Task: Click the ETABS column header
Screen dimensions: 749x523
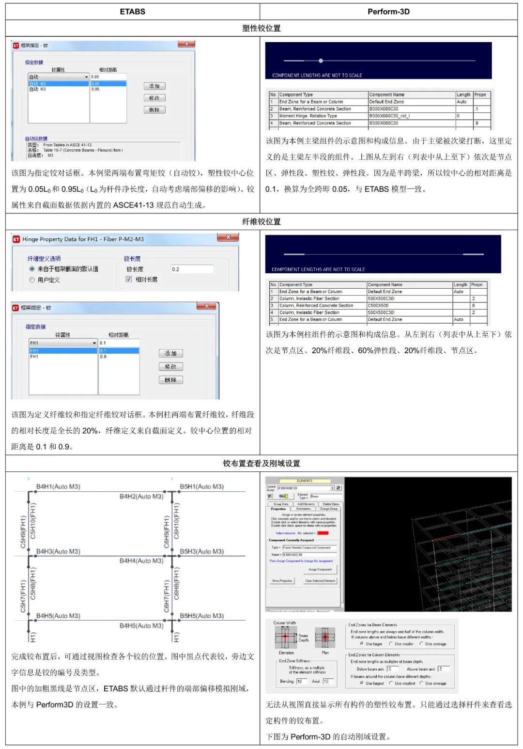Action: point(132,12)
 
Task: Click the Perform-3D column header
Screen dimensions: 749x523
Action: point(388,12)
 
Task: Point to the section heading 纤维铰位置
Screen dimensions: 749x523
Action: point(261,221)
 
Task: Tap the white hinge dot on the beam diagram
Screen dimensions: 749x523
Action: point(321,61)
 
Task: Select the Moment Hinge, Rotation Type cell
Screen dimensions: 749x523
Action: point(323,116)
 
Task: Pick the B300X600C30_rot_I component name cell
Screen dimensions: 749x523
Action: point(411,116)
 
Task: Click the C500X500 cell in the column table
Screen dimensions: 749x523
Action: point(409,305)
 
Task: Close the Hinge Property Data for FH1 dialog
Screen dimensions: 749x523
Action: point(227,237)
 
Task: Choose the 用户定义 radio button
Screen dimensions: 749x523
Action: point(32,280)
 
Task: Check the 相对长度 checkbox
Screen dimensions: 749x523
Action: point(129,279)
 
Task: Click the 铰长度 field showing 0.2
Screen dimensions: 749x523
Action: point(191,269)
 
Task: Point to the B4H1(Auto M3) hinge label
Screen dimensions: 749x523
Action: point(58,486)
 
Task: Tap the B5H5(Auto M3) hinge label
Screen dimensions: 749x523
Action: point(201,616)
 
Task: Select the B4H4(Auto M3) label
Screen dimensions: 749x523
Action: point(141,561)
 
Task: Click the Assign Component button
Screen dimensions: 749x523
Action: point(320,569)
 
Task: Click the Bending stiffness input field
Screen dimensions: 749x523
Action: point(300,681)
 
